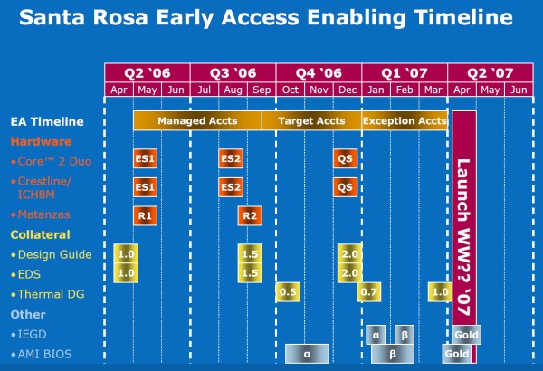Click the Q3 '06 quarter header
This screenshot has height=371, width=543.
233,72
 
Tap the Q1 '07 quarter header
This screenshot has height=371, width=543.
405,72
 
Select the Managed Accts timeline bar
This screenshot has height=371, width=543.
197,120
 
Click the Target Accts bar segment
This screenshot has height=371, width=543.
311,120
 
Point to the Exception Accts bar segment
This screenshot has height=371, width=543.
404,120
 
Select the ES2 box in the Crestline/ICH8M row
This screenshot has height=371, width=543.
231,187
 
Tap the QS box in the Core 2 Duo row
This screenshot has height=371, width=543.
345,159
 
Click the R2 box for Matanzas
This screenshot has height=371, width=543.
250,215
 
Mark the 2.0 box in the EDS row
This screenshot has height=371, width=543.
349,272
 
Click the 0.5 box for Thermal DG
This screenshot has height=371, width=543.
288,292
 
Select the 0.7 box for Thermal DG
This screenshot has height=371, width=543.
368,292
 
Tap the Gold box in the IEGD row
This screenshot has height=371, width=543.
467,335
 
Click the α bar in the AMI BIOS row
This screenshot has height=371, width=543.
308,354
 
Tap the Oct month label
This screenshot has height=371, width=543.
290,90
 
